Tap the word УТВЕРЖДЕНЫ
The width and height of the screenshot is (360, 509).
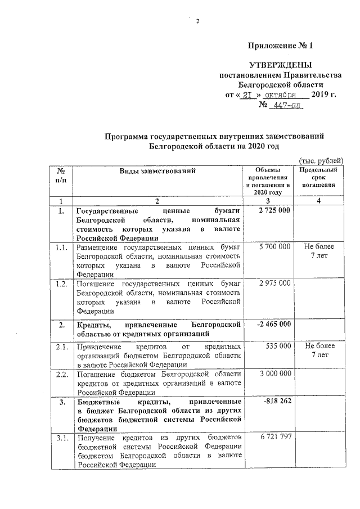[280, 66]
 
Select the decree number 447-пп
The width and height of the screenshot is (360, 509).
[286, 105]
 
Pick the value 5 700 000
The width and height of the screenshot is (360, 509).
[274, 247]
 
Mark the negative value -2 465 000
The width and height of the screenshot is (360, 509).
[273, 324]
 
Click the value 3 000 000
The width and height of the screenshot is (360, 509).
[274, 373]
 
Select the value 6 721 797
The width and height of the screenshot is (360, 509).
[274, 438]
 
